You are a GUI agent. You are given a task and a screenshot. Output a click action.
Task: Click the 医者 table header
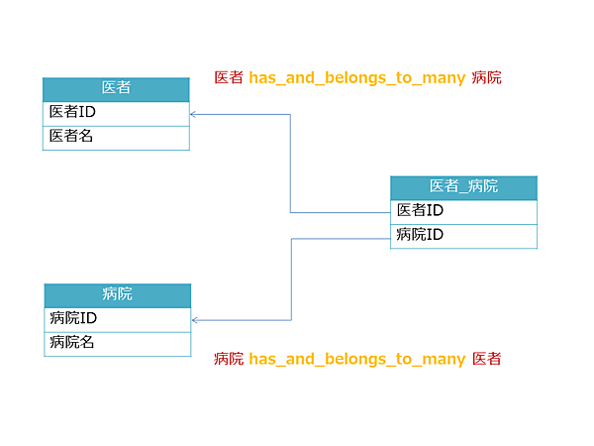(x=116, y=88)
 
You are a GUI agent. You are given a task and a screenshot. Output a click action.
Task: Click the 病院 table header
(x=117, y=294)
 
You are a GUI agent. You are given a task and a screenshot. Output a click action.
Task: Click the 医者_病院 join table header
(x=463, y=186)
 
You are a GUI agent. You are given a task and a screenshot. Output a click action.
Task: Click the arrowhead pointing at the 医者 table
(x=194, y=114)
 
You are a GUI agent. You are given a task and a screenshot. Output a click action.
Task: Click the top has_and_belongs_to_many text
(x=356, y=77)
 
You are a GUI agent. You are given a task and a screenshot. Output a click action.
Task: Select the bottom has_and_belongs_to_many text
(x=356, y=359)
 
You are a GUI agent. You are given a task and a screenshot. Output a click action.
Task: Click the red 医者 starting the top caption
(x=229, y=77)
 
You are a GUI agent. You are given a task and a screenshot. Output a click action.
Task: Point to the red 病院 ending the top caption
(x=486, y=77)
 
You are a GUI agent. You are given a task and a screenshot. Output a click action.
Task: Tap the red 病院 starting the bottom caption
(x=229, y=359)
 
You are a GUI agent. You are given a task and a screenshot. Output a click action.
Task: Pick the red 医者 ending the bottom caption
(x=486, y=359)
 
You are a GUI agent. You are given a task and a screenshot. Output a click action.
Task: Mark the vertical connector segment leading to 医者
(x=290, y=164)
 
